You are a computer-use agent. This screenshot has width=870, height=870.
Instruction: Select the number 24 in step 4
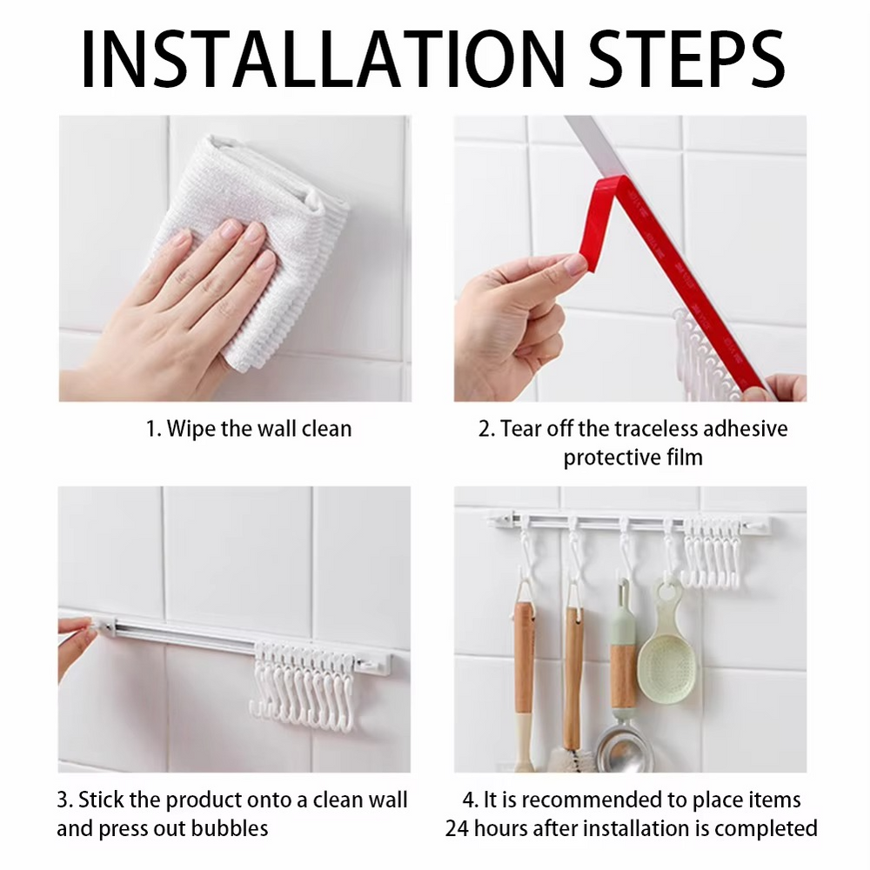coord(457,829)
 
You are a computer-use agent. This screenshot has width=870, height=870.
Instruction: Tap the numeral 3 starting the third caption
coord(63,800)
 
